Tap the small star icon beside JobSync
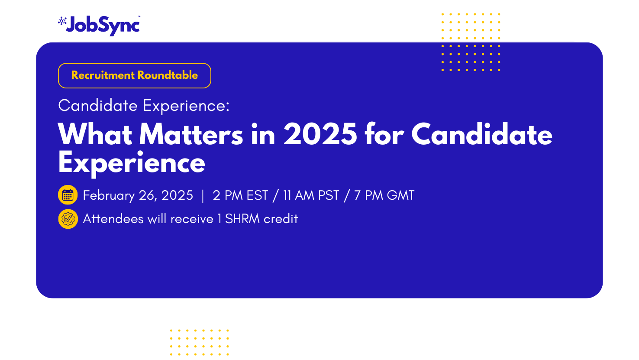click(x=62, y=21)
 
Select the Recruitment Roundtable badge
click(x=134, y=76)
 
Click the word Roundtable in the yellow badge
click(x=168, y=75)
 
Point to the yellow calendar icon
click(x=68, y=195)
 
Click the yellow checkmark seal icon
click(x=68, y=219)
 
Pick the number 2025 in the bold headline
click(x=320, y=134)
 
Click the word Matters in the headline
click(x=191, y=134)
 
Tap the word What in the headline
click(x=95, y=134)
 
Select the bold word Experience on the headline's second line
click(x=132, y=164)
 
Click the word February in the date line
click(x=109, y=196)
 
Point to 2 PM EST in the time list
click(x=240, y=195)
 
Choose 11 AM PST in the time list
click(x=311, y=195)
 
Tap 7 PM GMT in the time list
click(x=384, y=195)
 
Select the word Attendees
click(x=113, y=219)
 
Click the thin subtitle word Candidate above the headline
click(x=98, y=105)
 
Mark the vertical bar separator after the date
click(x=203, y=196)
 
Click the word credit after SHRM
click(x=281, y=219)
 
